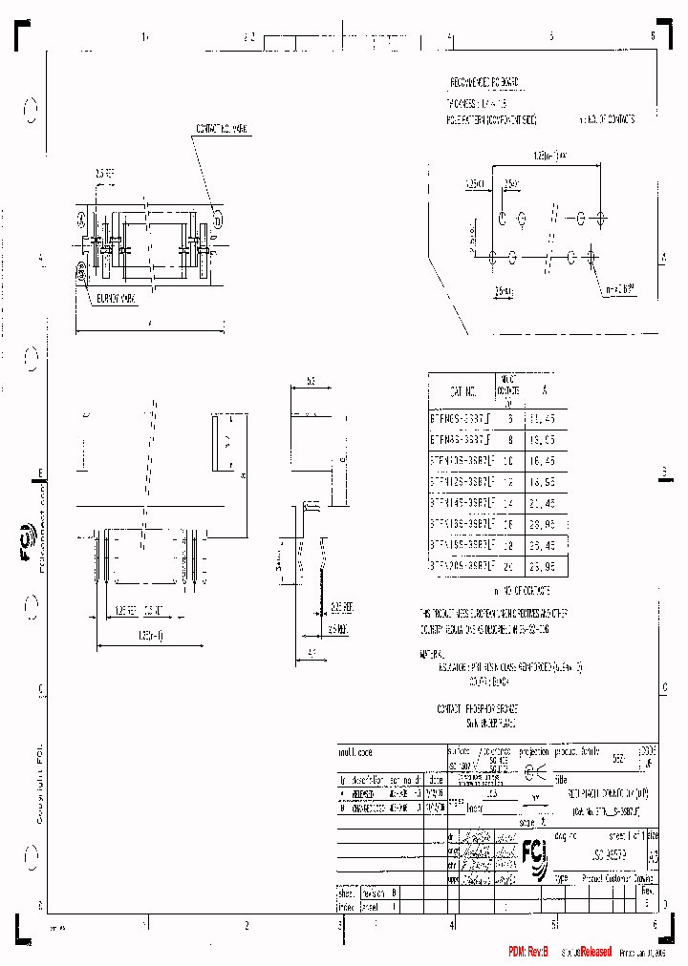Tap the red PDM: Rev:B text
[x=527, y=952]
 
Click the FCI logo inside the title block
[x=533, y=851]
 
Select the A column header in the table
[x=546, y=391]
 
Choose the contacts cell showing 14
[x=507, y=502]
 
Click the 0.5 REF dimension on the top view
[x=105, y=175]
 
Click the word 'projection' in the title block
[x=534, y=752]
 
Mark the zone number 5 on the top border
[x=551, y=36]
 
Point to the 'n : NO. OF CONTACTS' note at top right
[x=607, y=120]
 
